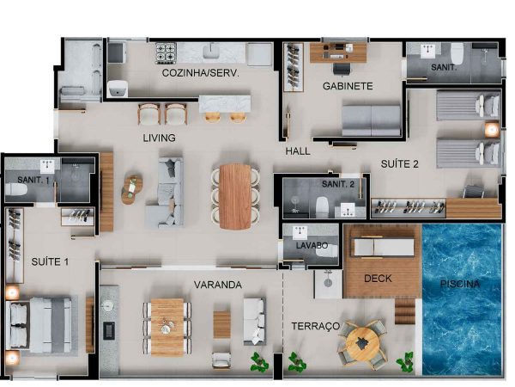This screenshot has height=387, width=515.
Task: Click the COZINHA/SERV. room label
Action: [200, 73]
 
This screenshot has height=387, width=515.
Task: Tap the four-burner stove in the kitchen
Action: [166, 52]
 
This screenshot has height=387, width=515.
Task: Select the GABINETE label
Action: [348, 86]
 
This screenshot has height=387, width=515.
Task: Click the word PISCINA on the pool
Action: [460, 284]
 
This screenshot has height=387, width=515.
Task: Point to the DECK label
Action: [378, 279]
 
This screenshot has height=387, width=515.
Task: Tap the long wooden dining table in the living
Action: [235, 197]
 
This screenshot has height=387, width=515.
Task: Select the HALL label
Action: [298, 151]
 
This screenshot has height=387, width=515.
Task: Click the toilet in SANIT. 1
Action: [16, 190]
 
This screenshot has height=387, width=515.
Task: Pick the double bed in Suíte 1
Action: [39, 325]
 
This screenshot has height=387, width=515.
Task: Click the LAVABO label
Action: [312, 245]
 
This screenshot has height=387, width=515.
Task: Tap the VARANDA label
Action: [218, 285]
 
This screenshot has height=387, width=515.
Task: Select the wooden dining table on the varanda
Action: [167, 327]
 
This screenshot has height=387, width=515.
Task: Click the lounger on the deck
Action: [383, 248]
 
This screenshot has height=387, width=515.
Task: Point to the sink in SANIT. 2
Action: [348, 210]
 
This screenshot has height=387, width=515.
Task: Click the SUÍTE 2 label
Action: [400, 164]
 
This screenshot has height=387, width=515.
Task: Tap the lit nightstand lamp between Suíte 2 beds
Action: [492, 130]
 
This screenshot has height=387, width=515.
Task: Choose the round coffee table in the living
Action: [131, 190]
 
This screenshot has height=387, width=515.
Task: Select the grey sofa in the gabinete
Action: [372, 120]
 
